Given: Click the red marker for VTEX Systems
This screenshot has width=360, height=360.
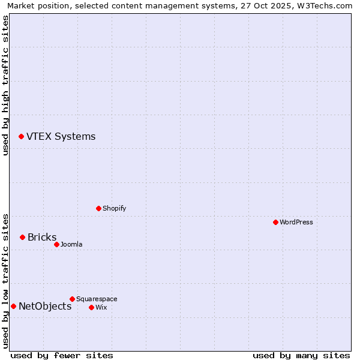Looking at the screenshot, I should click(21, 137).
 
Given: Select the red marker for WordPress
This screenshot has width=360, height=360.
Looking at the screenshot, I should click(275, 222).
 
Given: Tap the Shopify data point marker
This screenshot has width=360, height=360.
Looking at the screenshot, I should click(98, 208).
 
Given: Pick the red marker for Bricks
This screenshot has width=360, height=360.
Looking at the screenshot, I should click(22, 237).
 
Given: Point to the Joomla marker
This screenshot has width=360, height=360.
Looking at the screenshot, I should click(56, 244).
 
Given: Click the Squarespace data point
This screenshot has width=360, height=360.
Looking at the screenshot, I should click(72, 299).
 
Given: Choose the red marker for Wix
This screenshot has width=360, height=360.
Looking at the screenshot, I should click(91, 307).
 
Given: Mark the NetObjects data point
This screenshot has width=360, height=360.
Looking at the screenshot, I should click(13, 306).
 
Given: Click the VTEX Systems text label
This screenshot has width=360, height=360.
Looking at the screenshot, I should click(61, 137).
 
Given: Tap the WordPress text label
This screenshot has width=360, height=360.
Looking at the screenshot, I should click(296, 222).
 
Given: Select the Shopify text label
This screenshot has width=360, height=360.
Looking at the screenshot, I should click(114, 208).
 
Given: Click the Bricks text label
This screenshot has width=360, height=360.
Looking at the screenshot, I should click(42, 238).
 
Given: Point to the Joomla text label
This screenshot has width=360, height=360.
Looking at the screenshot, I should click(71, 244).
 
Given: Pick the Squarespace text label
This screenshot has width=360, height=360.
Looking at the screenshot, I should click(97, 299).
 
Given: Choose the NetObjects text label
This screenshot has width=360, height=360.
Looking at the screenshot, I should click(45, 307).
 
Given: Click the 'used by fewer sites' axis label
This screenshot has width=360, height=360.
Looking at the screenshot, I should click(62, 355).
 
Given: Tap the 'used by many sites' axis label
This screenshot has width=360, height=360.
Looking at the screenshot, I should click(301, 355).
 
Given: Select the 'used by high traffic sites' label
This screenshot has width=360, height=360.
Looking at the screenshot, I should click(6, 85).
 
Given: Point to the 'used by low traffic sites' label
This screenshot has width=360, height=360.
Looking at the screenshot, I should click(6, 281).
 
